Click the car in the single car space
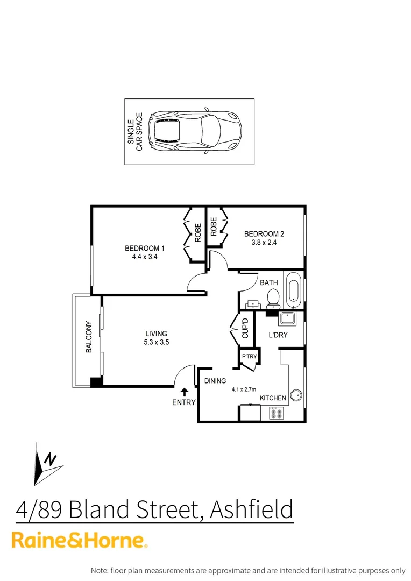[194, 132]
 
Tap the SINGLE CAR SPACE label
[134, 132]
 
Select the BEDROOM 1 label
[144, 249]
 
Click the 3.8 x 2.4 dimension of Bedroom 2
[264, 243]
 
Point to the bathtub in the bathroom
[293, 289]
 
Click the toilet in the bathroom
[273, 297]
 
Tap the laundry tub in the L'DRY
[286, 319]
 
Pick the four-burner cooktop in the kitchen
[276, 413]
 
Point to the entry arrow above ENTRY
[184, 392]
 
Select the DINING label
[215, 381]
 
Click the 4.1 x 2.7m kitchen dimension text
[244, 389]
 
